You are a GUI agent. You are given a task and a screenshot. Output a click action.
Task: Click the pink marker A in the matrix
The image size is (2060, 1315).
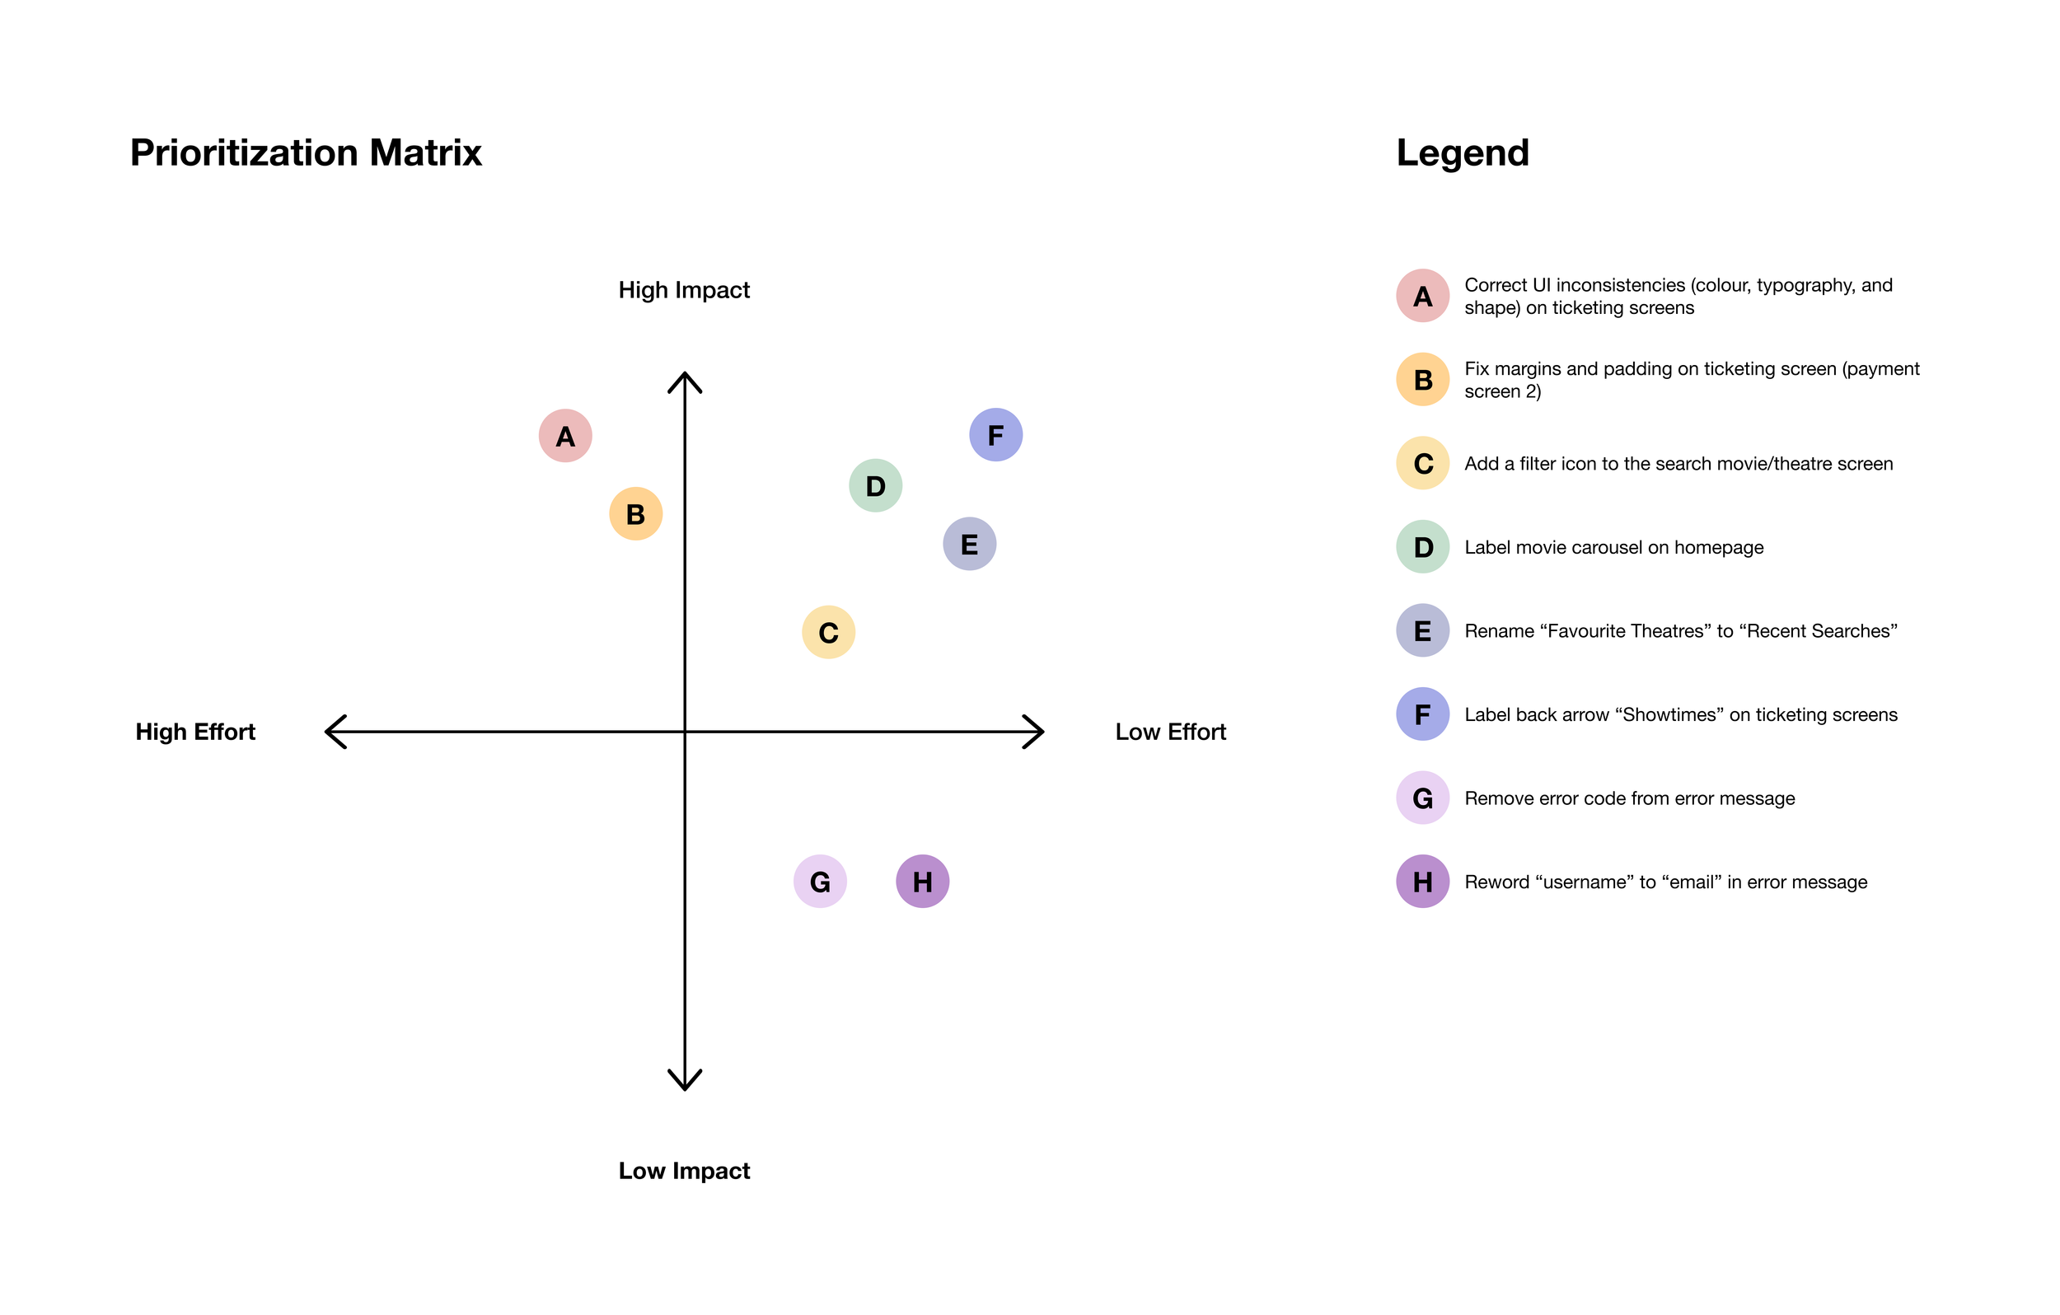565,437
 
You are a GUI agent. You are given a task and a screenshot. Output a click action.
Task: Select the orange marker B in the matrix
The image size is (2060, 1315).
635,514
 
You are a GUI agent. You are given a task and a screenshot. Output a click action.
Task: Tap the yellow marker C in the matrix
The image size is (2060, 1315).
828,633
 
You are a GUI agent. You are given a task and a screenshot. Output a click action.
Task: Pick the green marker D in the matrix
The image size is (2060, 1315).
875,486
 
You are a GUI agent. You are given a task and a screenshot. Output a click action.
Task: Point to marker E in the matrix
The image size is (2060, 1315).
969,544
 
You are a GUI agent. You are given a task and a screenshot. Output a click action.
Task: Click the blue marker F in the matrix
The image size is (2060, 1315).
995,436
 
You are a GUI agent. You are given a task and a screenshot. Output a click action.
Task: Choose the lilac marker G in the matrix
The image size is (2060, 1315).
820,882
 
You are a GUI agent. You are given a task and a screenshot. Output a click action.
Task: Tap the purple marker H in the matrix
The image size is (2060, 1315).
922,882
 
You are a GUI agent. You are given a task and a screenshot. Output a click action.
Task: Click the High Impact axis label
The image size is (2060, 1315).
684,291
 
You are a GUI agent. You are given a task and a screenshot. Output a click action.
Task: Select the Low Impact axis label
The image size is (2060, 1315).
684,1171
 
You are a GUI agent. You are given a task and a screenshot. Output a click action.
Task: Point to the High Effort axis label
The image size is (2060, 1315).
195,732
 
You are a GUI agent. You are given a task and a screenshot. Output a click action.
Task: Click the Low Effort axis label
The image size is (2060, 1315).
1170,732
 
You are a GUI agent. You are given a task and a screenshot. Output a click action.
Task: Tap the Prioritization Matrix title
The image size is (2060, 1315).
306,153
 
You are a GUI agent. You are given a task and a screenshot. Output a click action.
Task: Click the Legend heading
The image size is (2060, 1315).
1462,153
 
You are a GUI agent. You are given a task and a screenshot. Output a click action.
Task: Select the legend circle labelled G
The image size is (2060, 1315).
1423,798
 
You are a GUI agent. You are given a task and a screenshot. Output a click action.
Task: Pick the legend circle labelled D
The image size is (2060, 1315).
1423,548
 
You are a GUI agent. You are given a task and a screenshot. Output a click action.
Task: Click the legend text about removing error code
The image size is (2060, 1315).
1629,798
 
